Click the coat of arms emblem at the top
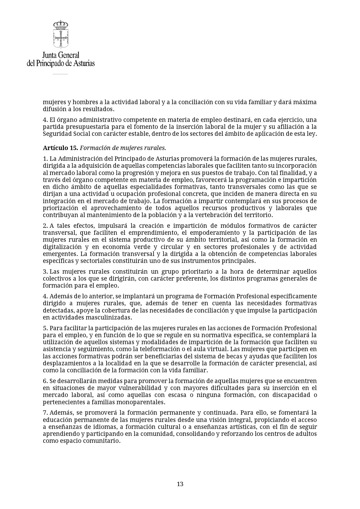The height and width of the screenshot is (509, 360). point(61,34)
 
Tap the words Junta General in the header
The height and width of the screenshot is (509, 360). point(61,55)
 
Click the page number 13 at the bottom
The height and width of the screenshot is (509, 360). point(180,484)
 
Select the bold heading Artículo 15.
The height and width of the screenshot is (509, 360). point(60,148)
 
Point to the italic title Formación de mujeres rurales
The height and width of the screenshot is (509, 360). point(123,148)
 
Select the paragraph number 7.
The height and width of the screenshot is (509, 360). point(45,413)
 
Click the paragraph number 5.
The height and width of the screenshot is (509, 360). point(45,328)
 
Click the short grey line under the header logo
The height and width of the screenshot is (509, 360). point(60,74)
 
